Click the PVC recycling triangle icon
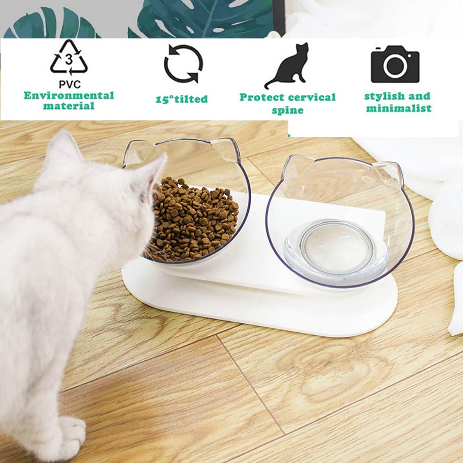pyautogui.click(x=69, y=58)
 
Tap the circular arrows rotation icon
pyautogui.click(x=183, y=64)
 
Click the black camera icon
pyautogui.click(x=395, y=64)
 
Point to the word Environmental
pyautogui.click(x=69, y=96)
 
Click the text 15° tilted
pyautogui.click(x=182, y=99)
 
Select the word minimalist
pyautogui.click(x=398, y=109)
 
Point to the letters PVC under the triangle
pyautogui.click(x=69, y=85)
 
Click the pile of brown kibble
pyautogui.click(x=194, y=217)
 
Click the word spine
pyautogui.click(x=287, y=111)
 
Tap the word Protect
pyautogui.click(x=261, y=98)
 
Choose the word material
pyautogui.click(x=69, y=106)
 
